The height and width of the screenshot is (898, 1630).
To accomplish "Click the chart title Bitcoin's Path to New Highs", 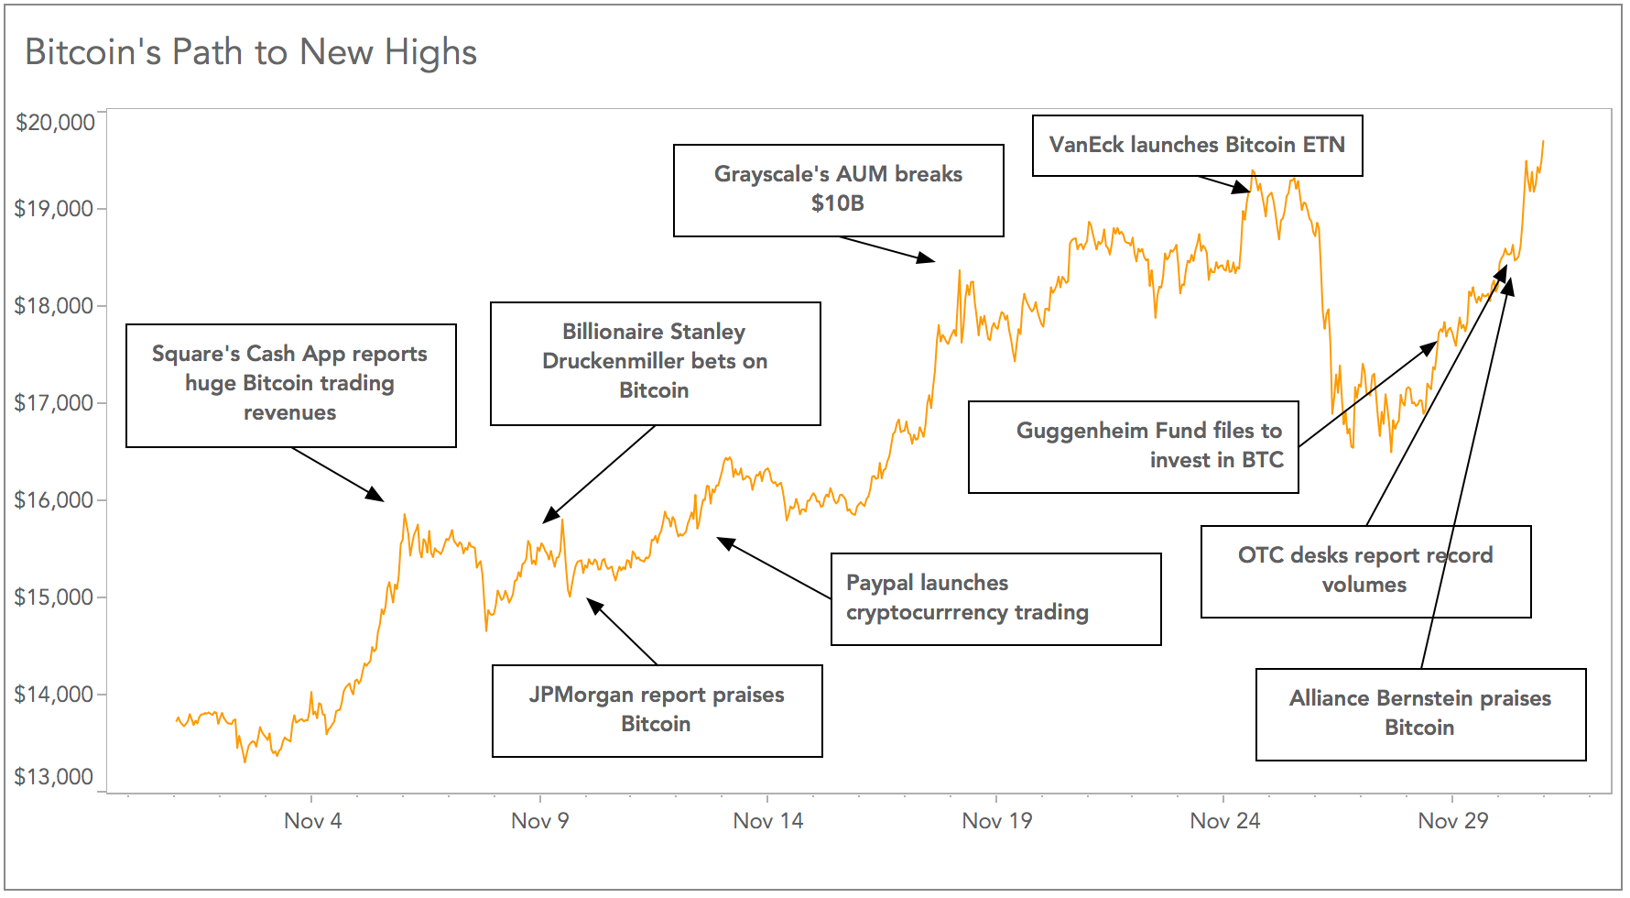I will click(251, 52).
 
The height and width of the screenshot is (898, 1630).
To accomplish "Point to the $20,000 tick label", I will click(55, 122).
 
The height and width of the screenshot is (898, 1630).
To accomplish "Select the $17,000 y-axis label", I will click(54, 402).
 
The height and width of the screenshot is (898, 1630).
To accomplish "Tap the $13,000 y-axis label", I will click(54, 777).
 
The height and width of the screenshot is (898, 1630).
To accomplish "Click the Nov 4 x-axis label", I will click(312, 820).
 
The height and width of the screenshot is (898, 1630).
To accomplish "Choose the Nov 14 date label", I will click(767, 820).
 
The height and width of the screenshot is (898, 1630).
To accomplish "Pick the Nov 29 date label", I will click(1452, 820).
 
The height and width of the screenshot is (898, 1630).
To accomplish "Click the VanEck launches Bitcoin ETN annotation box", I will click(1197, 145).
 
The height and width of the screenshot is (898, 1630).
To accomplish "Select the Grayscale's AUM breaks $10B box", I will click(838, 190).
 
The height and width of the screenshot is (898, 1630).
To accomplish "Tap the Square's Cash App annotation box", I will click(290, 385).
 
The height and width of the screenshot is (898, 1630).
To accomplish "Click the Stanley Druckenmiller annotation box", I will click(655, 363).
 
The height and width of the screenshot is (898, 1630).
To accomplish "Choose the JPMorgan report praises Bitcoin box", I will click(657, 710).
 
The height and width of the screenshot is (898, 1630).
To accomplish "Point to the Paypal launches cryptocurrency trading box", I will click(995, 598).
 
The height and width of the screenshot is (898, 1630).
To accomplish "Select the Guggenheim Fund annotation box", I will click(1133, 446).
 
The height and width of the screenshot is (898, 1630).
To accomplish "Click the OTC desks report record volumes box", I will click(1365, 571).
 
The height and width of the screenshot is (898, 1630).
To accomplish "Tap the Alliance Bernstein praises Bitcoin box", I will click(1420, 714).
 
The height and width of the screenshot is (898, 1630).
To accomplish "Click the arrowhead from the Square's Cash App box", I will click(377, 496).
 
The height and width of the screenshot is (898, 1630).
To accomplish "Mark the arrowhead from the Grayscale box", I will click(928, 259).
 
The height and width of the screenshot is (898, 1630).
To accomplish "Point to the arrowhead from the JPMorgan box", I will click(593, 605).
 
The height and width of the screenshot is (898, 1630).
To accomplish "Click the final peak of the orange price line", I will click(1543, 142).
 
